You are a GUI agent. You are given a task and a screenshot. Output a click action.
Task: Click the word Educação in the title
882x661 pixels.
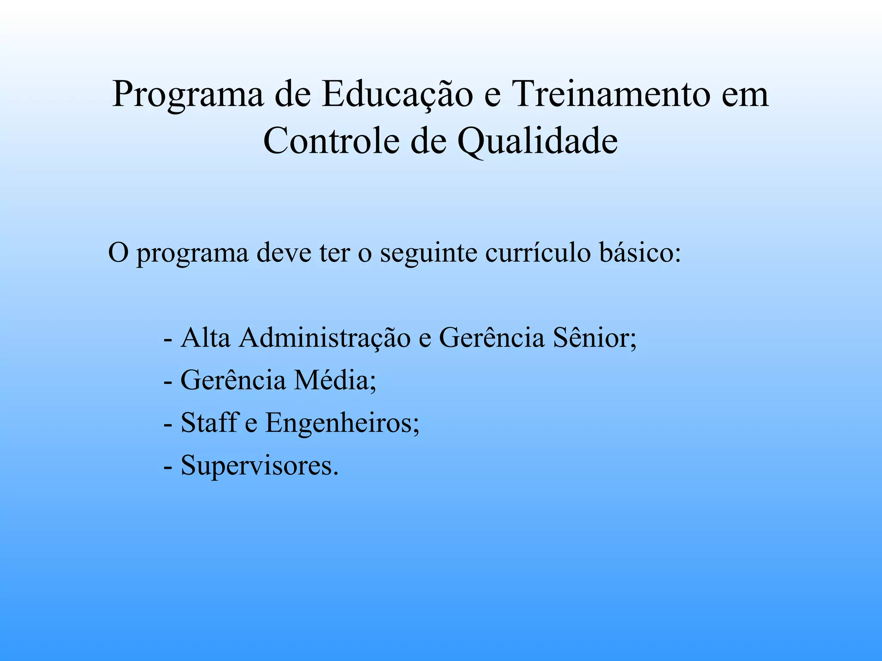(397, 95)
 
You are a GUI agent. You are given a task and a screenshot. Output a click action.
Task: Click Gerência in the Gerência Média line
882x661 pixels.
(233, 380)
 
